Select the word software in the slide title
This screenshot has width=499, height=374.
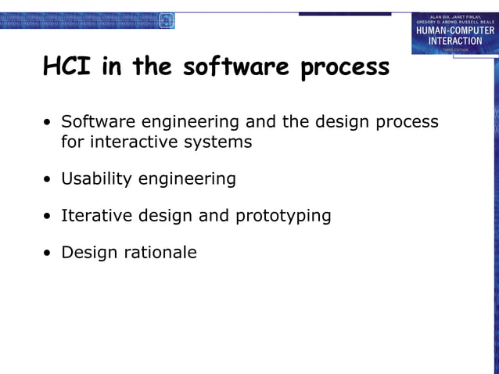pyautogui.click(x=235, y=67)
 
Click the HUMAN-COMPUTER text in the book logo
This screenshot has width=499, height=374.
pyautogui.click(x=454, y=31)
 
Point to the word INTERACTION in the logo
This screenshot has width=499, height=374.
pyautogui.click(x=454, y=41)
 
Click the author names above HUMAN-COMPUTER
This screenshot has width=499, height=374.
pyautogui.click(x=454, y=19)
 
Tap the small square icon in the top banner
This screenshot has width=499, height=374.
pyautogui.click(x=166, y=21)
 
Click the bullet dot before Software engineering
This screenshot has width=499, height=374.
pyautogui.click(x=48, y=124)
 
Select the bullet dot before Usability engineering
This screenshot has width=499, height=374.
pyautogui.click(x=48, y=180)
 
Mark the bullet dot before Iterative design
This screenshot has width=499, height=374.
pyautogui.click(x=48, y=217)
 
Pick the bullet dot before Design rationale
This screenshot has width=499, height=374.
pyautogui.click(x=48, y=254)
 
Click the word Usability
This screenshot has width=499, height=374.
pyautogui.click(x=97, y=179)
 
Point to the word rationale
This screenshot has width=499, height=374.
pyautogui.click(x=160, y=252)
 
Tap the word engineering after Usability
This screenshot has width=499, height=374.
pyautogui.click(x=187, y=180)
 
